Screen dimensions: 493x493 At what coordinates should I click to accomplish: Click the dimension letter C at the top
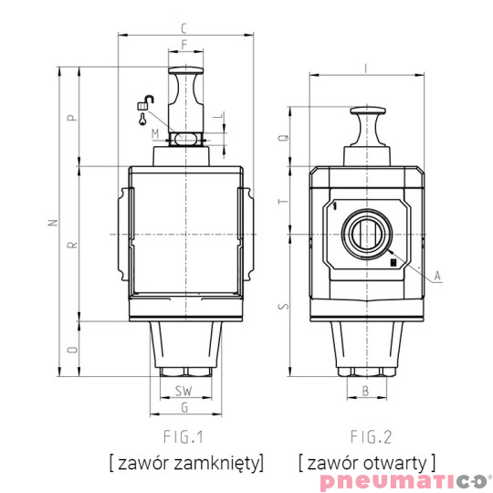[185, 27]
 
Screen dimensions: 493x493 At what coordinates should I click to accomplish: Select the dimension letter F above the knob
[185, 44]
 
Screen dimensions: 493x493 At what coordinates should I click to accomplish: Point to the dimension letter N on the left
[52, 222]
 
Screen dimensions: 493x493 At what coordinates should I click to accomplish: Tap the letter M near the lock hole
[156, 134]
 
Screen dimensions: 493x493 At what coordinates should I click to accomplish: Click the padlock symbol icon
[144, 105]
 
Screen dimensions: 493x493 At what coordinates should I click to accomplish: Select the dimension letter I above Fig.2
[365, 67]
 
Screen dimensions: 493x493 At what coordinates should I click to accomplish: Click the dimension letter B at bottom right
[365, 391]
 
